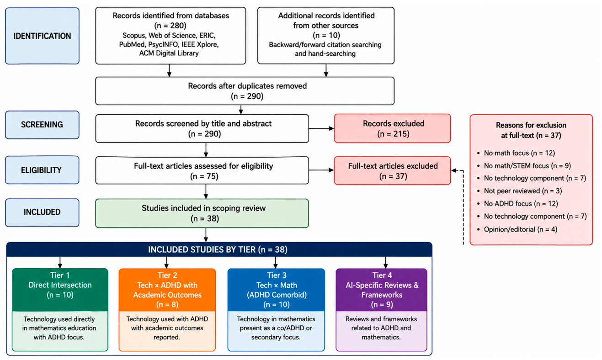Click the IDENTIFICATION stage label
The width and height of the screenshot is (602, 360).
[42, 36]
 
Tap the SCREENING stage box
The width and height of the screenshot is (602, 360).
[42, 125]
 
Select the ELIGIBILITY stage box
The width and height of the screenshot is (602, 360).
[42, 170]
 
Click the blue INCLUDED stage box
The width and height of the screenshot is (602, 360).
[42, 212]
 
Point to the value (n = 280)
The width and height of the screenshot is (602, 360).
[170, 26]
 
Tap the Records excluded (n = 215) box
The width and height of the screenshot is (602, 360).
[392, 128]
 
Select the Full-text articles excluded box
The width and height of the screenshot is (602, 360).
[392, 170]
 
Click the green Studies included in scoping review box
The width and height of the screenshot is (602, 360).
[202, 213]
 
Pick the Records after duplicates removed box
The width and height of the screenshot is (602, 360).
[245, 91]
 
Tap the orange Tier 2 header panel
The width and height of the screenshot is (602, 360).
[167, 290]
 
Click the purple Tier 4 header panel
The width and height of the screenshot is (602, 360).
[381, 290]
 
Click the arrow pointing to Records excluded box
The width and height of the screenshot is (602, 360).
[321, 128]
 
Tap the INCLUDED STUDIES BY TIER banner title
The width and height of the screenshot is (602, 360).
[218, 249]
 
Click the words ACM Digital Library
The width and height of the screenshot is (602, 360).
[169, 53]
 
